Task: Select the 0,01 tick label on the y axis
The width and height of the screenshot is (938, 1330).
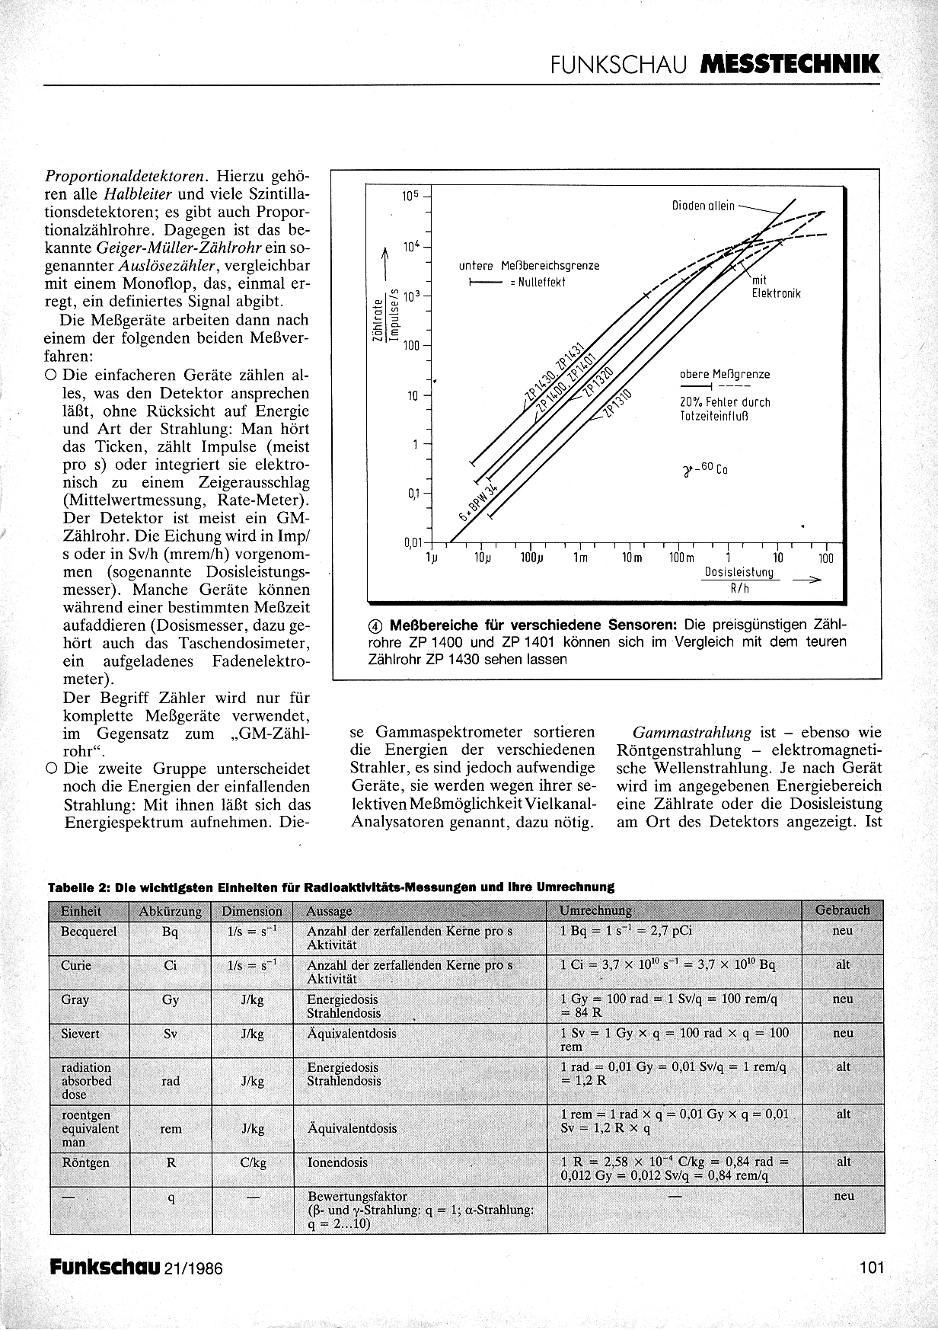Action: pos(412,542)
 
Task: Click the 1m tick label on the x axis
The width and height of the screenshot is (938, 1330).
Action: pos(581,558)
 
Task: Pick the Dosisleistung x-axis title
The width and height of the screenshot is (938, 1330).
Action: pos(739,571)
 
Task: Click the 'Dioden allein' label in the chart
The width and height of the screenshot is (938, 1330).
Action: pos(703,206)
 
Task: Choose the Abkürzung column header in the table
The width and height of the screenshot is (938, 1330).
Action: pos(171,911)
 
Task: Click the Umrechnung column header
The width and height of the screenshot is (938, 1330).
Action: pos(595,910)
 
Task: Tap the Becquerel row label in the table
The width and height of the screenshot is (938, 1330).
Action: pos(88,931)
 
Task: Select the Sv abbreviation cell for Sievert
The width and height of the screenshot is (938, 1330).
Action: pos(171,1034)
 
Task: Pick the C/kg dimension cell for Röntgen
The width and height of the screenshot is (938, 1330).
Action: pos(253,1163)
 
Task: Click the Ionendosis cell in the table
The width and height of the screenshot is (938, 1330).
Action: pos(337,1163)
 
